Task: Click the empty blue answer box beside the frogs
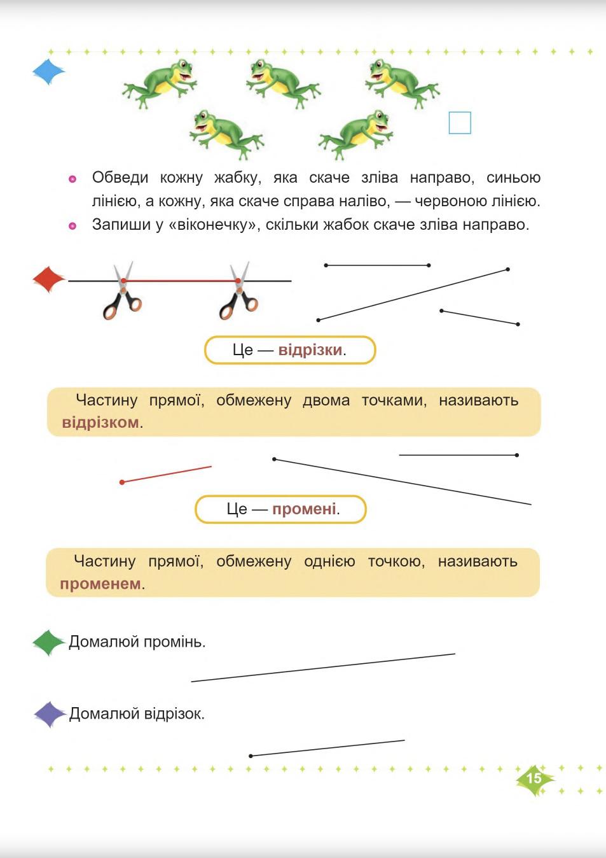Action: tap(460, 123)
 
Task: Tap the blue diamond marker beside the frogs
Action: tap(48, 72)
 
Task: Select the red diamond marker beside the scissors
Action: tap(48, 279)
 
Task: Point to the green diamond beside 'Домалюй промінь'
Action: tap(48, 642)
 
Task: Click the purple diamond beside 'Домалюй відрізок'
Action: tap(50, 714)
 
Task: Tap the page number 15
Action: tap(534, 778)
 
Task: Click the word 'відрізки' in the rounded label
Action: tap(310, 350)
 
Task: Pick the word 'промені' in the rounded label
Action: tap(304, 509)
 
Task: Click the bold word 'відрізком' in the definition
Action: tap(100, 423)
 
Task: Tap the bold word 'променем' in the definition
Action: tap(100, 584)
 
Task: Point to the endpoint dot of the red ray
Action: tap(122, 482)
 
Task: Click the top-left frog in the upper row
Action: tap(160, 82)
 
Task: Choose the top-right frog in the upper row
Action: tap(401, 82)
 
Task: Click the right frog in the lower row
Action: tap(357, 134)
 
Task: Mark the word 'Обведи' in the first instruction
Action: tap(120, 178)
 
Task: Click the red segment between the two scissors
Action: tap(181, 280)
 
